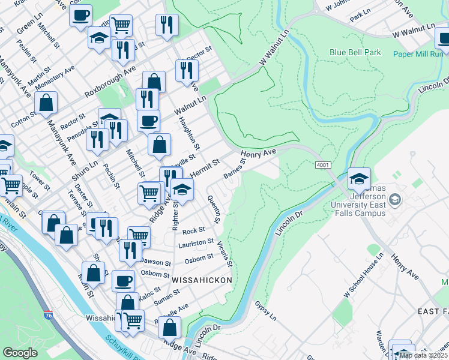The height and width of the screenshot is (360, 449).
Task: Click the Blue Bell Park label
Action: (355, 52)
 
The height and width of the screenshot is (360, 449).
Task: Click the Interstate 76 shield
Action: (49, 314)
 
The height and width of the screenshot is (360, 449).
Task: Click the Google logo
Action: (20, 353)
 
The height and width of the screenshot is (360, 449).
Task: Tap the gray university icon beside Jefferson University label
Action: (396, 199)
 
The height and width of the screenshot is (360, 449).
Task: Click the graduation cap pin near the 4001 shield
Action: (359, 179)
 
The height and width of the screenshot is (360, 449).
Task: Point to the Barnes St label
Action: (235, 169)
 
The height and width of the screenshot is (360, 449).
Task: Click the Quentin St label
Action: (212, 209)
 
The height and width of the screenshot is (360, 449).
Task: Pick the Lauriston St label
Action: (196, 243)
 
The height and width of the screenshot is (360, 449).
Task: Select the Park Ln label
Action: (360, 16)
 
